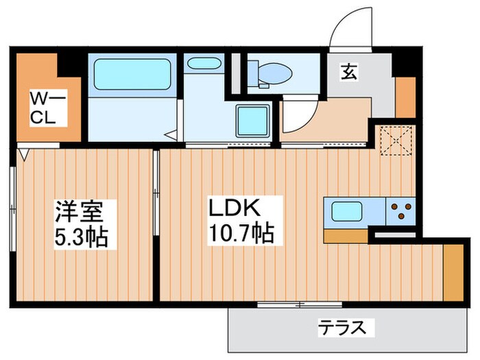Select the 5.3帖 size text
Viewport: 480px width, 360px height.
tap(81, 237)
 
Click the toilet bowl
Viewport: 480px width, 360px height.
tap(274, 72)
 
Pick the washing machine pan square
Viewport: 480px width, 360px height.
tap(252, 121)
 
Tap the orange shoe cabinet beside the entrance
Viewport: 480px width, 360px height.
tap(405, 98)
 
